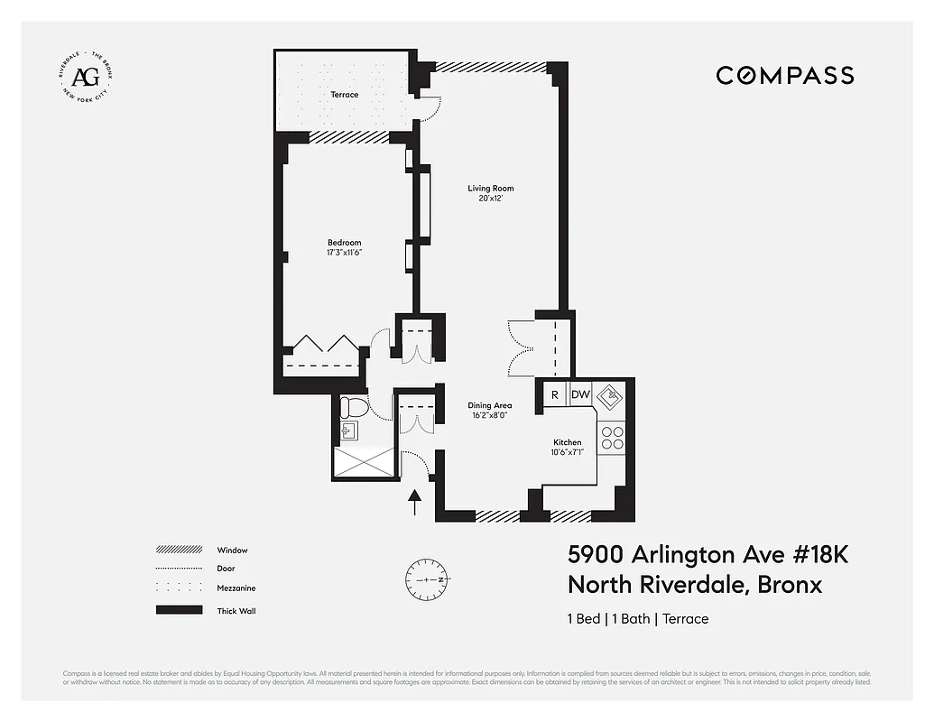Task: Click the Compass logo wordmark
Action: click(x=784, y=76)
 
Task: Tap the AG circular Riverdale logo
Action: click(x=85, y=76)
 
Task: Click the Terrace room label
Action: click(x=344, y=95)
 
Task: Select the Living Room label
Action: click(x=490, y=189)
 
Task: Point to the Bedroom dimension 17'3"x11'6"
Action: click(x=344, y=253)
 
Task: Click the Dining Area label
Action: click(x=489, y=406)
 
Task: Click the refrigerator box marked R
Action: click(x=554, y=394)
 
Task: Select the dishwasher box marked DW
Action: click(x=580, y=394)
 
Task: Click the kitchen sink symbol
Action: click(x=611, y=395)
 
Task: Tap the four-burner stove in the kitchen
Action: click(x=612, y=438)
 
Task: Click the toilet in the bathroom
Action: click(x=353, y=408)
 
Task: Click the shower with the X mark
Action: click(x=365, y=461)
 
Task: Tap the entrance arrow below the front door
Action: click(x=415, y=502)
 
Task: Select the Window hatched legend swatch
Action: click(x=178, y=550)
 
